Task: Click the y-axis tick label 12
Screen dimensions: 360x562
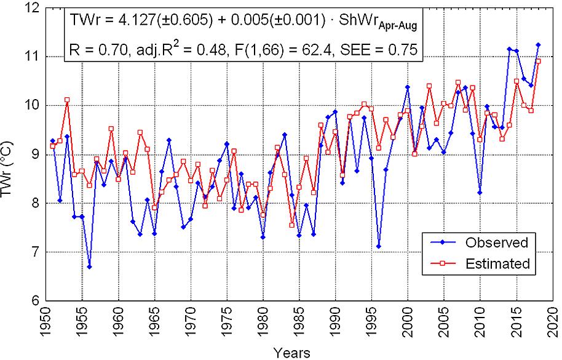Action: point(31,7)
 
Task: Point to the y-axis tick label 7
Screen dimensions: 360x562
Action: point(34,252)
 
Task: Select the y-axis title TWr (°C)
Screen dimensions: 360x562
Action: point(9,154)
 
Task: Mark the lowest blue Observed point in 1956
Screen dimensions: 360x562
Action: point(89,267)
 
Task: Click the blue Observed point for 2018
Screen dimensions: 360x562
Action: point(538,45)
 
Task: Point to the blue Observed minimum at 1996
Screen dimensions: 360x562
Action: point(379,247)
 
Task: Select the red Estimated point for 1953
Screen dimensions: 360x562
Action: point(67,100)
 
